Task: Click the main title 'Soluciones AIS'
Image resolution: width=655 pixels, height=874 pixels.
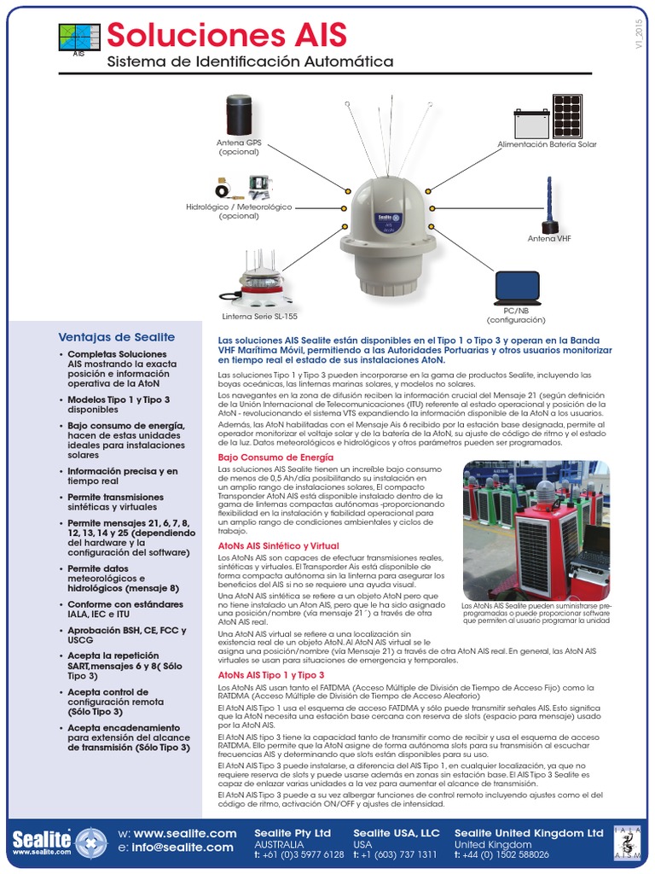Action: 227,35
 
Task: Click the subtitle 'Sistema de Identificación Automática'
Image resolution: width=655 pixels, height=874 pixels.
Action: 250,62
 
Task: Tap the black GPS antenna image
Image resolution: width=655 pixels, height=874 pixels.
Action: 238,114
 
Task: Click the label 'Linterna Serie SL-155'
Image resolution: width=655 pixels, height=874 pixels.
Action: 254,317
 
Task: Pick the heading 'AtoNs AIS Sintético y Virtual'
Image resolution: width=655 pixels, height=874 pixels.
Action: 279,545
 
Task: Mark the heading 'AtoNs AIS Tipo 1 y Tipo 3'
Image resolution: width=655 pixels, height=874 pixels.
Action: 271,674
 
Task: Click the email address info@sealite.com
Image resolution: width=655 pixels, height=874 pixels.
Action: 183,847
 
